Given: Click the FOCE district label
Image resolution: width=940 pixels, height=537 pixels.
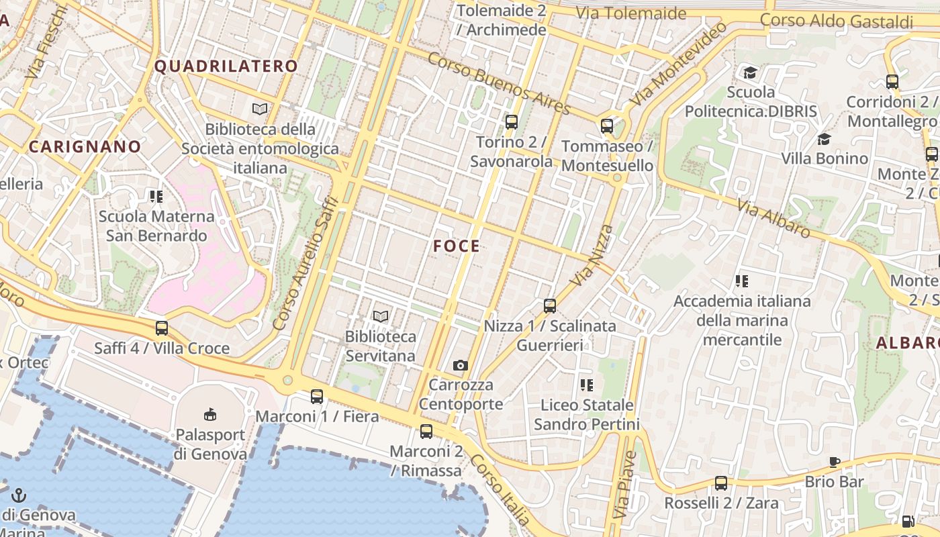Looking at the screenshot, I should [457, 246].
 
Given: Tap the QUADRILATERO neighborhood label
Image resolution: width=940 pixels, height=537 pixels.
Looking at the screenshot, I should [226, 66].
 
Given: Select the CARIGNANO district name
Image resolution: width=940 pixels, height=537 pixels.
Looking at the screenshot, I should [85, 147].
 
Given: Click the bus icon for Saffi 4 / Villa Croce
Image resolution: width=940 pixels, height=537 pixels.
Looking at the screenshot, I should [162, 328].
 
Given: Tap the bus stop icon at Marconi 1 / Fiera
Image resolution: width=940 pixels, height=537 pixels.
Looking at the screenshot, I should [317, 397].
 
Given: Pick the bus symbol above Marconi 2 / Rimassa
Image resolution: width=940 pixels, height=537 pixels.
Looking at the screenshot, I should [426, 431].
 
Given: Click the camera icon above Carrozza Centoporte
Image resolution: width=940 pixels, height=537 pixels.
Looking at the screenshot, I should [460, 365].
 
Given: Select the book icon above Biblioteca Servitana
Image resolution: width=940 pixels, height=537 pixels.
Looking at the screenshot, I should [381, 316].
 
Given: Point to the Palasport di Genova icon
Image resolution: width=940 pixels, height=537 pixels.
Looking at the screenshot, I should [210, 414].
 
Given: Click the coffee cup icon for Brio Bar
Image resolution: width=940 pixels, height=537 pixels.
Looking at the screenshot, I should [834, 462].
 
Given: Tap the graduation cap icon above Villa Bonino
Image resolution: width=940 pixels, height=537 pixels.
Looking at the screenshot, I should [824, 139].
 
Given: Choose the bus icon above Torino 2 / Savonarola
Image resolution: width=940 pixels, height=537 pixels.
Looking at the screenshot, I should [512, 121].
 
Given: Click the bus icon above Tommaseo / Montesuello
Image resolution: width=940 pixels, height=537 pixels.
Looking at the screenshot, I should [607, 126].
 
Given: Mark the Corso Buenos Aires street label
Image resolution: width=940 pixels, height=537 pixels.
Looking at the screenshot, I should [498, 83].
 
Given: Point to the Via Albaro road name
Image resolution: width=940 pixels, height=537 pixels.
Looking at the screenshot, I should [773, 217].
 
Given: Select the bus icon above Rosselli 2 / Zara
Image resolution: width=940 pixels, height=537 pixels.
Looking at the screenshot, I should [721, 483].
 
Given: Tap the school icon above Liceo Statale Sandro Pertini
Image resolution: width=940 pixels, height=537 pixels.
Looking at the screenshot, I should [587, 385].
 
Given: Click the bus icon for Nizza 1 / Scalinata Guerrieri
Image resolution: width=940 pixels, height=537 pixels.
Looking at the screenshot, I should [550, 306].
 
